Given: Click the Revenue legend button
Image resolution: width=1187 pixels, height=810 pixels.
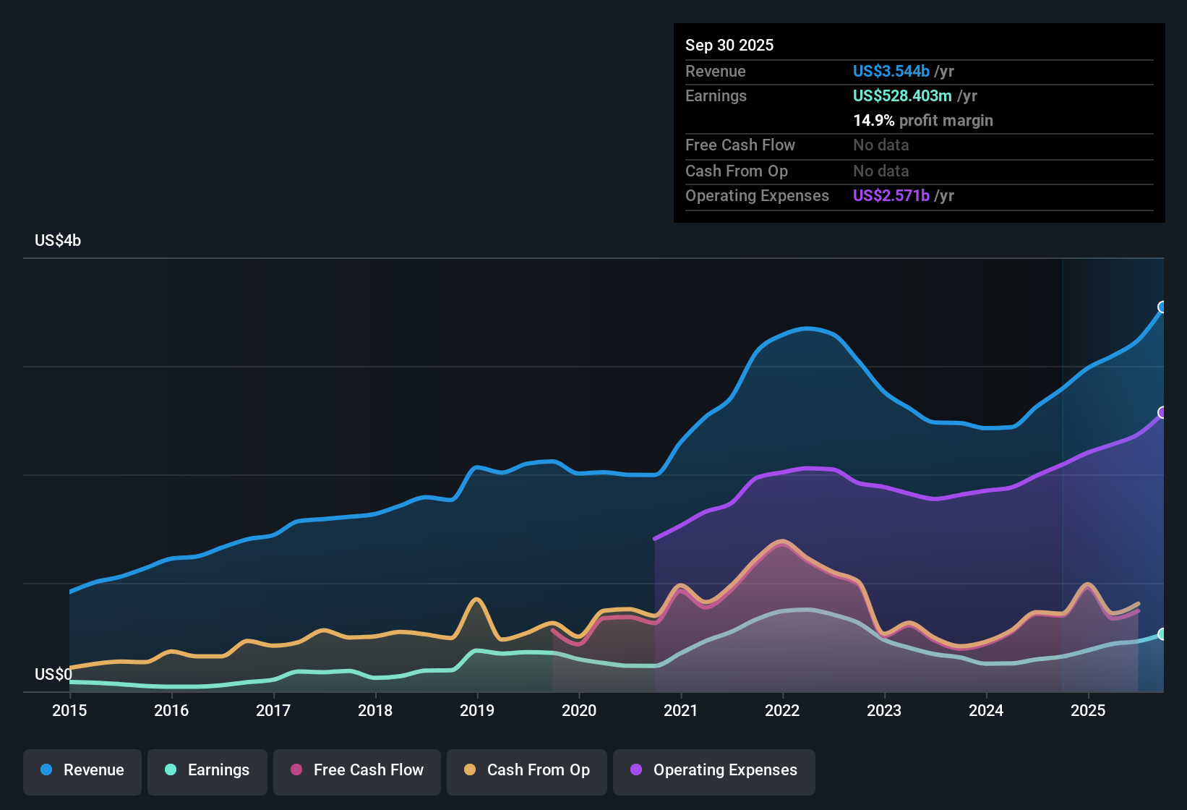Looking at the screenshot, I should point(82,770).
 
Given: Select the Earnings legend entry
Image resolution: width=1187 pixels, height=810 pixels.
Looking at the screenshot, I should point(207,770).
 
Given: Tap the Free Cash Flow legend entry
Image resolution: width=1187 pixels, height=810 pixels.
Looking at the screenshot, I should point(357,770).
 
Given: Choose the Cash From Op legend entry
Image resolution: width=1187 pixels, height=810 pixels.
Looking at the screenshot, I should point(527,770).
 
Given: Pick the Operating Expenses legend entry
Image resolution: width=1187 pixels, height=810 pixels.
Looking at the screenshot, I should point(714,770).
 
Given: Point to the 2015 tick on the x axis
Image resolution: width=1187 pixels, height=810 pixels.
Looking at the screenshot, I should point(69,710).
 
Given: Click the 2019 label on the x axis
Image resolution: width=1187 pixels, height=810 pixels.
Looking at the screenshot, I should point(477,710).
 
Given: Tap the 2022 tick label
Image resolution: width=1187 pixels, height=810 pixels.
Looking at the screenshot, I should point(782,710).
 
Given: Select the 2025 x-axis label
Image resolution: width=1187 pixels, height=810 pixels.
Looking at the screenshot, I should point(1088,710).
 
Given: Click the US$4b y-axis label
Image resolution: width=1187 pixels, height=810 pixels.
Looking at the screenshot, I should point(58,241).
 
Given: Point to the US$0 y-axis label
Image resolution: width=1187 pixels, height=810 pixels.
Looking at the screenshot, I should point(53,675).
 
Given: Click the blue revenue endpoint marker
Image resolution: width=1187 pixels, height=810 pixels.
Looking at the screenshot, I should point(1162,307).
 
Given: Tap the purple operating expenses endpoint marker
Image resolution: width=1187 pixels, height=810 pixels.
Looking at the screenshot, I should point(1162,413).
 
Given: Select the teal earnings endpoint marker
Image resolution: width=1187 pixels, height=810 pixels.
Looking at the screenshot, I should point(1162,634).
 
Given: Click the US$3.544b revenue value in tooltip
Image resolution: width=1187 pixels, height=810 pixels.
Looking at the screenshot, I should point(891,71).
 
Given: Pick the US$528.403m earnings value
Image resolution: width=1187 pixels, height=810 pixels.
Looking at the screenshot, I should point(901,95).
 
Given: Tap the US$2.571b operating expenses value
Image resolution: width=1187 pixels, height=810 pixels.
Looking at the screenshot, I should point(891,195).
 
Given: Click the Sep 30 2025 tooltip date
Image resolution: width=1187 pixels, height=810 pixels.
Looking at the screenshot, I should point(729,45).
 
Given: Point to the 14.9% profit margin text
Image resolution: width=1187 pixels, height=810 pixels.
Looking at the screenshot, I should point(922,120).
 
